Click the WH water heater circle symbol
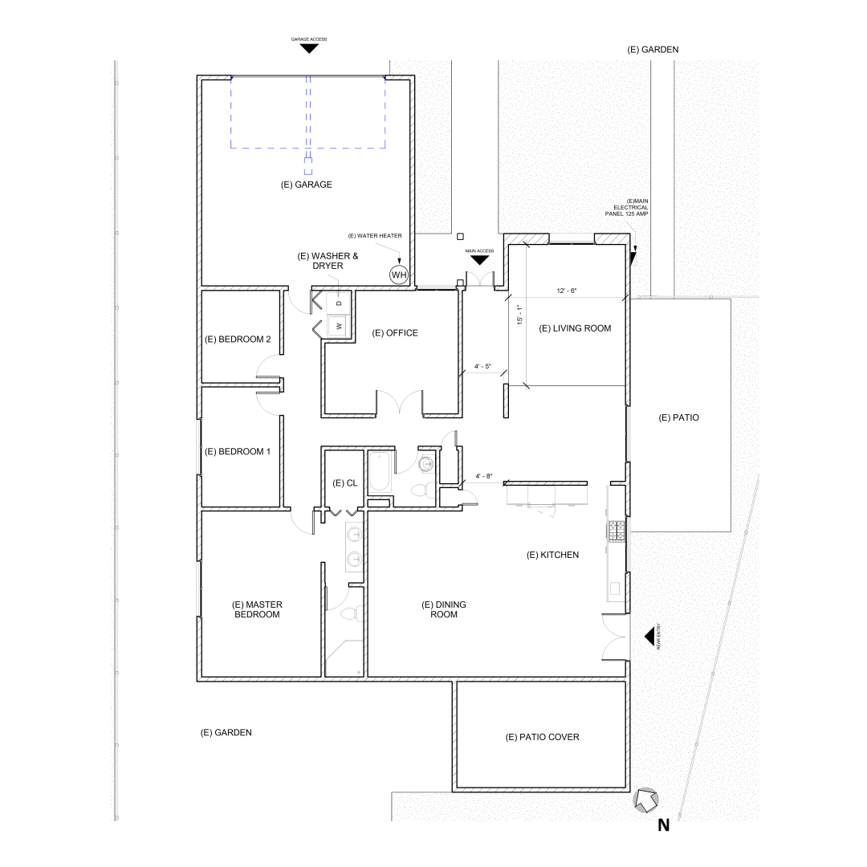399,275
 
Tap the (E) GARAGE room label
306,185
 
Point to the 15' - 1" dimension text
519,315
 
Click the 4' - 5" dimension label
483,367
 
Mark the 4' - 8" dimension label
485,476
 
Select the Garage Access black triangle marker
308,48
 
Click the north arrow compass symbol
646,800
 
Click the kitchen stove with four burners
617,531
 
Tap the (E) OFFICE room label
395,333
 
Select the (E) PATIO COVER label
542,737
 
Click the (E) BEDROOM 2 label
238,339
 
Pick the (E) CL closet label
344,482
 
